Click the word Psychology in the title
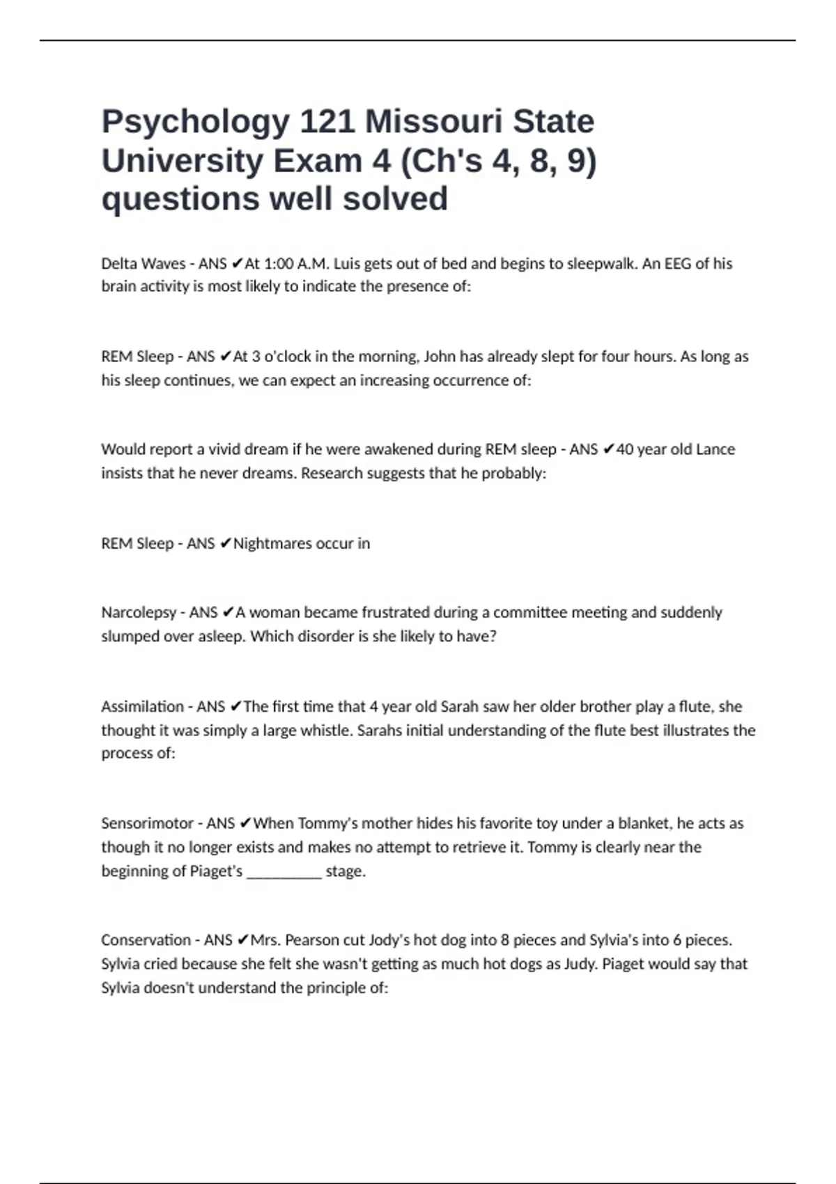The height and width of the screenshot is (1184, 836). [x=196, y=123]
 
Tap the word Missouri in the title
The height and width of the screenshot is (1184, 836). [x=433, y=122]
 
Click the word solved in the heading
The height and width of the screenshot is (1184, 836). [x=394, y=199]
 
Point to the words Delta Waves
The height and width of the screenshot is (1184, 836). [x=143, y=264]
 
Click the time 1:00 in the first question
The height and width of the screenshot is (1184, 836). [x=279, y=264]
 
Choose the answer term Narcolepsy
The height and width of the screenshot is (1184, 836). [x=139, y=613]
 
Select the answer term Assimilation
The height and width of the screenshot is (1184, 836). [x=143, y=707]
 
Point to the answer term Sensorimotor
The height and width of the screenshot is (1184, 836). [x=147, y=823]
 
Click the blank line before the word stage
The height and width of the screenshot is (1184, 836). [x=284, y=872]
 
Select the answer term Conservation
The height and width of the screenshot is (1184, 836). [x=146, y=940]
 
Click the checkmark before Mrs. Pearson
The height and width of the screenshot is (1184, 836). [x=242, y=940]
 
